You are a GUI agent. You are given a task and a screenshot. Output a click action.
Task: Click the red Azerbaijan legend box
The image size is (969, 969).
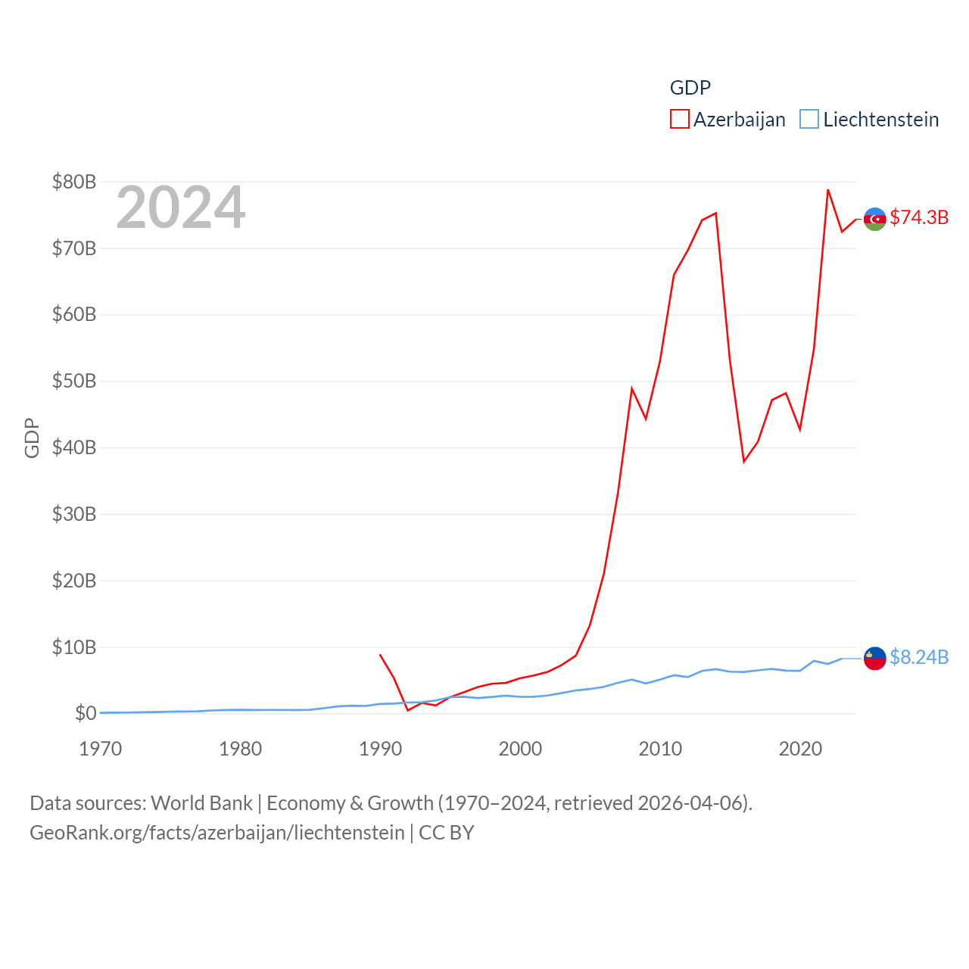[679, 120]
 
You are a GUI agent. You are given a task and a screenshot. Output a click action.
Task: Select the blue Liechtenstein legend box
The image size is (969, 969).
[809, 120]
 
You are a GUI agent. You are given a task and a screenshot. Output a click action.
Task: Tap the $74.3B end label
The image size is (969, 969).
[919, 217]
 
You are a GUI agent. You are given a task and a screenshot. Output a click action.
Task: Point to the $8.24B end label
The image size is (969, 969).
[919, 657]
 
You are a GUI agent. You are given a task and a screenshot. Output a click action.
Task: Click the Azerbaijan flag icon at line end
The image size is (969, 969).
[875, 219]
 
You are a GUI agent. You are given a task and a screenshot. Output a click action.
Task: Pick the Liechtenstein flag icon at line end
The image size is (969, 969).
[875, 658]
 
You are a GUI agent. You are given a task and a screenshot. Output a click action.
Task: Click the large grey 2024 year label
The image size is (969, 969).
[180, 207]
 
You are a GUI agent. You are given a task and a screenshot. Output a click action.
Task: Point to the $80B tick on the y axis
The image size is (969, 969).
[74, 182]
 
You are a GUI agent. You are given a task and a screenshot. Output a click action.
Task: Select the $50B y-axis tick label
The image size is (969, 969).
[74, 381]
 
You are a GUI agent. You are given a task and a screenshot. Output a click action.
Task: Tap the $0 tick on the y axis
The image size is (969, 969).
[86, 713]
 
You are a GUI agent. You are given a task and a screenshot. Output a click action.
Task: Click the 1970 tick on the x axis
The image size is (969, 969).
[101, 749]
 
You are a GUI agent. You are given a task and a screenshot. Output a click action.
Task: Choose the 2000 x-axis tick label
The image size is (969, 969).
[520, 749]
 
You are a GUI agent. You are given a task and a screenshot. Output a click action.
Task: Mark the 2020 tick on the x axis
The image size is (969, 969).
[800, 749]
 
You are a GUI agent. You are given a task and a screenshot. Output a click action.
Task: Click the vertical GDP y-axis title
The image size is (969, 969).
[32, 438]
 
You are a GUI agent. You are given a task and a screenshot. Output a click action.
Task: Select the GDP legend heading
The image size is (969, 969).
[690, 88]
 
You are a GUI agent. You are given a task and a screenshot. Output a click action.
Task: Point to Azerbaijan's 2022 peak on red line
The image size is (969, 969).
[828, 190]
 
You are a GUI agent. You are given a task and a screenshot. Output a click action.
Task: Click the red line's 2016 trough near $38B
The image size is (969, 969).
[744, 461]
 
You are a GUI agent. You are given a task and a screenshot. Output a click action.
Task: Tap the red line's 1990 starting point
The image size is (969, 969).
[380, 655]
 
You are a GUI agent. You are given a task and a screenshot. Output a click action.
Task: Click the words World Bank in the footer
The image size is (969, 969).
[201, 802]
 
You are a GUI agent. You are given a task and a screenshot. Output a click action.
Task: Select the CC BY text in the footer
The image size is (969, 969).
[447, 833]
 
